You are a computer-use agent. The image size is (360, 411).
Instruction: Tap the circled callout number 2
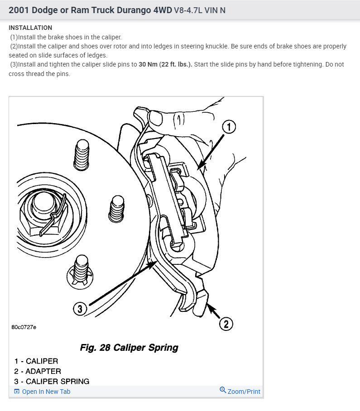[226, 324]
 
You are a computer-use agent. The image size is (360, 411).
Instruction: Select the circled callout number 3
[80, 309]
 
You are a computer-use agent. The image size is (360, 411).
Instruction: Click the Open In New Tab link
[46, 392]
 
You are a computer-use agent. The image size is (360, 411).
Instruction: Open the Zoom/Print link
[244, 391]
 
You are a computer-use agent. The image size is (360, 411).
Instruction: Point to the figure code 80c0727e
[24, 326]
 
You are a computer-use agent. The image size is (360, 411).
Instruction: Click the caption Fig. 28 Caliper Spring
[129, 348]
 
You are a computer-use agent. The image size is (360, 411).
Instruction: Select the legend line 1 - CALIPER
[36, 361]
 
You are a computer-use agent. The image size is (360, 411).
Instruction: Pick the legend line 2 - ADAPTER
[38, 371]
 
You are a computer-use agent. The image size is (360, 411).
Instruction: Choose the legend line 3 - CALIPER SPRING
[52, 381]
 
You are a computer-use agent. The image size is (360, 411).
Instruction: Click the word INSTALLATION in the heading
[30, 28]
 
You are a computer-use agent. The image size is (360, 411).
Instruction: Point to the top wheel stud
[82, 154]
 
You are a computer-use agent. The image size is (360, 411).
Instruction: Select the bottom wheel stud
[82, 269]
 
